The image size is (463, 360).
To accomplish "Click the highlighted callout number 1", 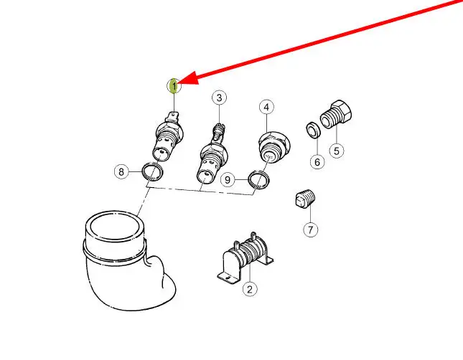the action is pos(174,86).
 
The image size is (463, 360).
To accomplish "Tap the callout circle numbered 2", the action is pos(250,289).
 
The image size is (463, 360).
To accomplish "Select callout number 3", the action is pos(219,98).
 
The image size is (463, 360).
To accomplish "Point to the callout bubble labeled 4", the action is pos(266,107).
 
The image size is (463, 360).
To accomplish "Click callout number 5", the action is pos(337,151).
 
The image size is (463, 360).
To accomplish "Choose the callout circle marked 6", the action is pos(317,161).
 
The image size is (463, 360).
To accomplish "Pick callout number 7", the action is pos(311,229).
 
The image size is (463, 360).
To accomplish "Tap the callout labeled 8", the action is pos(121,171).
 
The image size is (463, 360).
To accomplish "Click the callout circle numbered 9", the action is pos(228,179).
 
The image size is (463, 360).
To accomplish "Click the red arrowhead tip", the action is pos(179,82).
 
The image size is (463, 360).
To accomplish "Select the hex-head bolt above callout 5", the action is pos(336,114).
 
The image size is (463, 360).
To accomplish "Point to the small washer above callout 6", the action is pos(313,130).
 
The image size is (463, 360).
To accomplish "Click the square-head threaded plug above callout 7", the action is pos(305,199).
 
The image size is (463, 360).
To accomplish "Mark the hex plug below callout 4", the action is pos(273,146).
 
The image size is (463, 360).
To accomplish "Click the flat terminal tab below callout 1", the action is pos(173,117).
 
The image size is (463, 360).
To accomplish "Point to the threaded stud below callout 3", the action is pos(218,132).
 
